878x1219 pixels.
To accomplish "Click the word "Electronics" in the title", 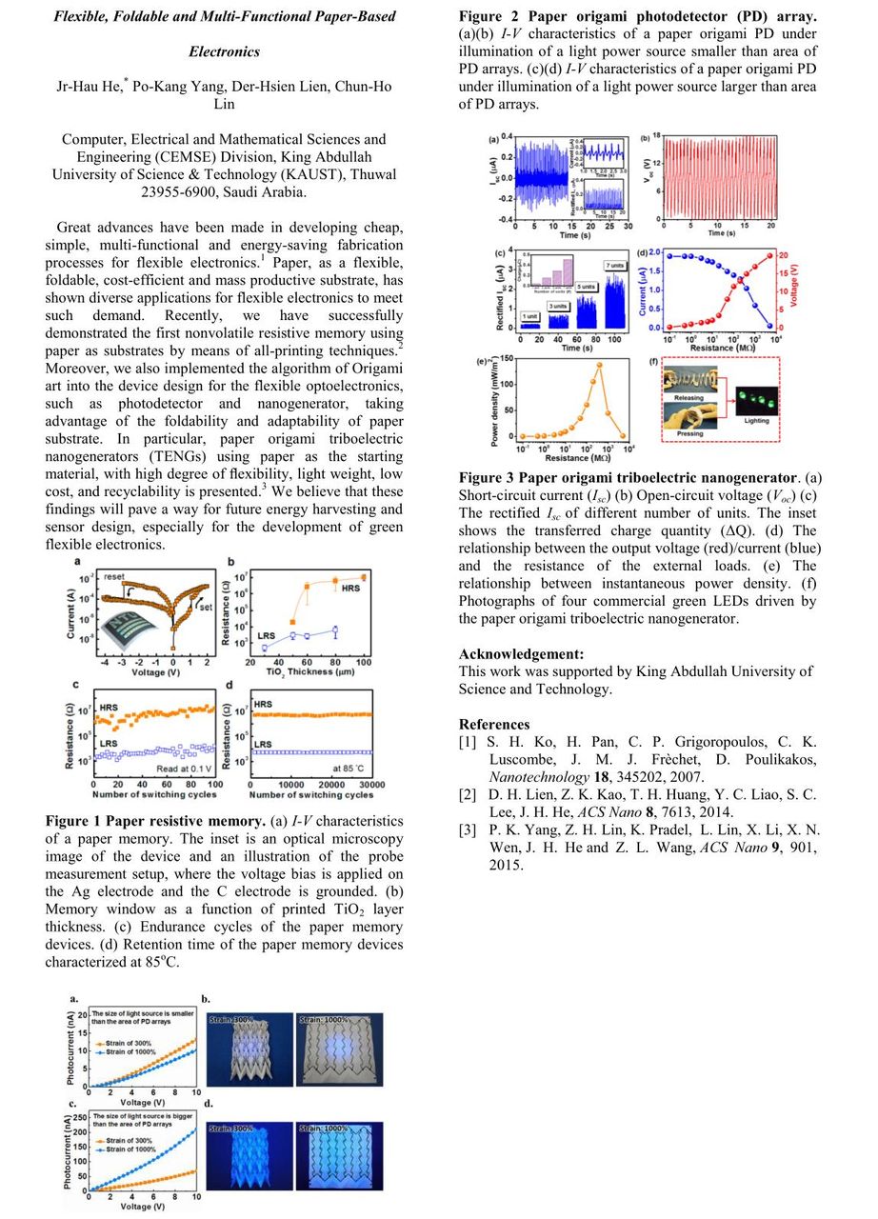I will click(x=224, y=51).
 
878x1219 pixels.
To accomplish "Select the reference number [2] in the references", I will click(x=469, y=793).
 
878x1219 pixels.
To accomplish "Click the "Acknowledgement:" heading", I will click(x=520, y=654).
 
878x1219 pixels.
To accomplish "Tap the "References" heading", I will click(x=494, y=724).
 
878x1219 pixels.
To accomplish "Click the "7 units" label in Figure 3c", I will click(x=615, y=264).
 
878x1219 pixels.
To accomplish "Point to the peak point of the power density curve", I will click(x=599, y=365).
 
